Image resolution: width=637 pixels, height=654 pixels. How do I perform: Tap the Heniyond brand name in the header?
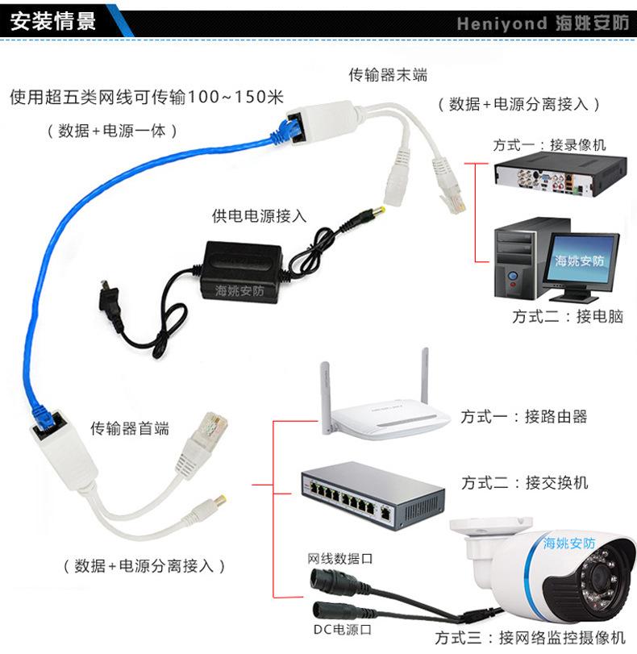tap(501, 23)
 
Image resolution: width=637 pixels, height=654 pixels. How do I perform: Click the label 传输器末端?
tap(387, 75)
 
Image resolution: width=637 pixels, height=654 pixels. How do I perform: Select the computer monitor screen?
tap(580, 258)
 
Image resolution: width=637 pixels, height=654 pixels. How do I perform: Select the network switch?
tap(372, 494)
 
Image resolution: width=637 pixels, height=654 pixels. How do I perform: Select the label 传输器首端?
tap(129, 428)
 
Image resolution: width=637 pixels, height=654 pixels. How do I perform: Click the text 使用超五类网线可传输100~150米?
tap(147, 98)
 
